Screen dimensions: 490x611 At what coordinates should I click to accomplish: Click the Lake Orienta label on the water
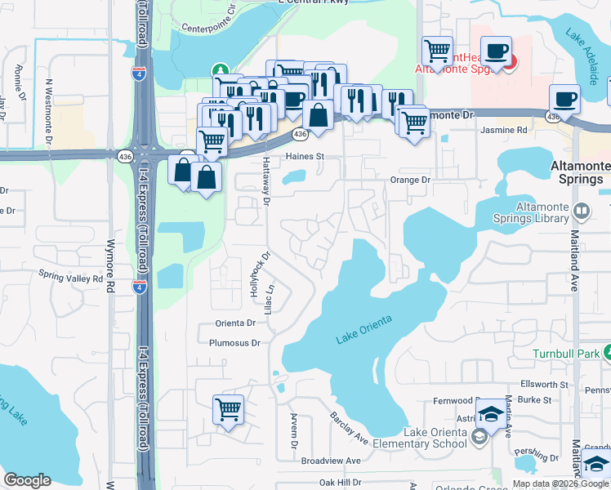coord(363,328)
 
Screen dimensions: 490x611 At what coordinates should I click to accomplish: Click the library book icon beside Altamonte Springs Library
coord(582,212)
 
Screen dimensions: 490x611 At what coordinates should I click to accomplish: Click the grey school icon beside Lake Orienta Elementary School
coord(479,437)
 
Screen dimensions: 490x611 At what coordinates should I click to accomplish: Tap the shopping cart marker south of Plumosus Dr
coord(228,408)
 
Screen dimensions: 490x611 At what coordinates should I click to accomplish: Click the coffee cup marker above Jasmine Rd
coord(564,100)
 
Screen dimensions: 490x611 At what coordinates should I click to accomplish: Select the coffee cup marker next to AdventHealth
coord(496,51)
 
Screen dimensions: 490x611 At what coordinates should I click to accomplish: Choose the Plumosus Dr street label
coord(234,343)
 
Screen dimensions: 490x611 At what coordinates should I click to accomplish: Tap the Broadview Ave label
coord(331,461)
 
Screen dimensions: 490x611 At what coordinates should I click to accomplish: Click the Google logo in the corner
coord(28,480)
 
